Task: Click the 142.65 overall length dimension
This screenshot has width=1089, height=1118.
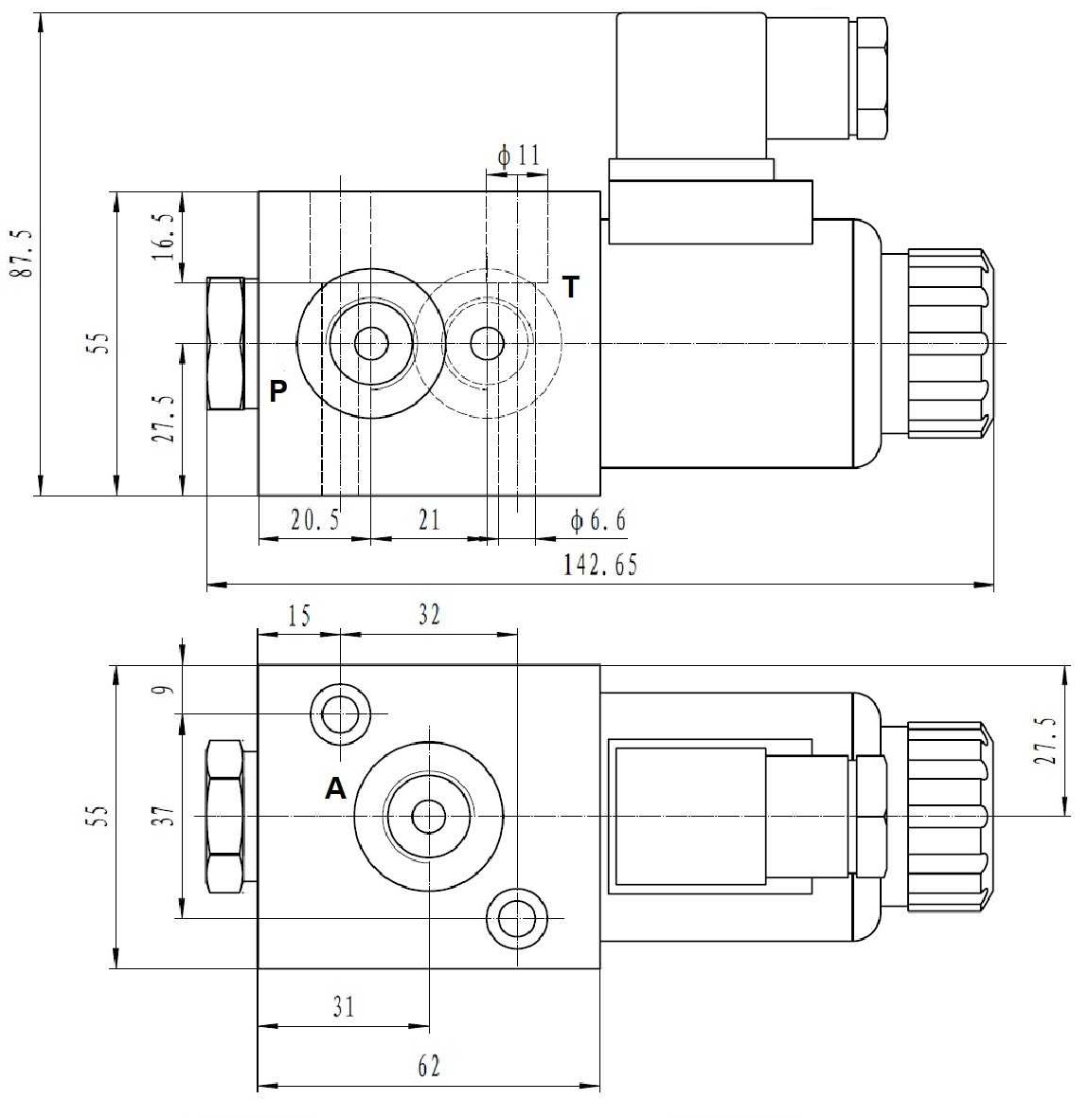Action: (x=600, y=566)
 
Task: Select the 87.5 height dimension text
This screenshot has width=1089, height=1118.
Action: (x=20, y=252)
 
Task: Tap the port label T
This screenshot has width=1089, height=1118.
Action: (x=570, y=287)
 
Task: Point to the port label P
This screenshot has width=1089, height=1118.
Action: (x=277, y=390)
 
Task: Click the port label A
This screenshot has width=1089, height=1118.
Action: (x=335, y=788)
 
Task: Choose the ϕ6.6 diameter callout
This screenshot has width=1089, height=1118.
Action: (x=597, y=520)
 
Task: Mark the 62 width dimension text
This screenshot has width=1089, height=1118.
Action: (x=428, y=1067)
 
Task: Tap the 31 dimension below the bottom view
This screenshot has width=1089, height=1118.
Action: (x=343, y=1006)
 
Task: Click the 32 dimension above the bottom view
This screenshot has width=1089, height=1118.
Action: (x=428, y=615)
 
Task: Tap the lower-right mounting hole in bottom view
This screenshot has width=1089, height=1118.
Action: (x=517, y=917)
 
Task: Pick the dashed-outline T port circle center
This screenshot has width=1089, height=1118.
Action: (x=487, y=343)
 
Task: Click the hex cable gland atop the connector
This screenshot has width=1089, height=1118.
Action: (x=869, y=80)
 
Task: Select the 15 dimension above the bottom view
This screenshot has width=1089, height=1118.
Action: (x=298, y=616)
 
